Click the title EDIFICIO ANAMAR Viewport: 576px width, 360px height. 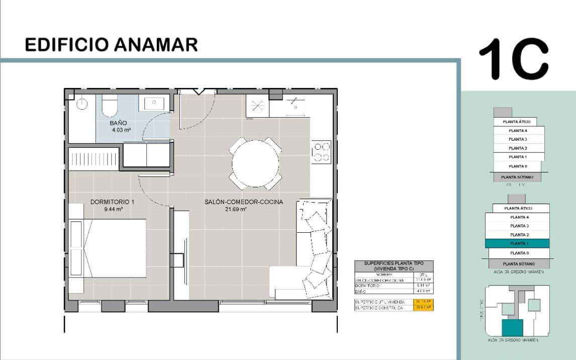click(x=111, y=45)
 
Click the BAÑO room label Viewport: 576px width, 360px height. click(x=119, y=123)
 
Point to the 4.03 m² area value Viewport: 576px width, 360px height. click(x=122, y=130)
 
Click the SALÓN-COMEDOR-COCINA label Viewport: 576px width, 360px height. click(x=243, y=202)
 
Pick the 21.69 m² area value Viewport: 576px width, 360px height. click(x=236, y=209)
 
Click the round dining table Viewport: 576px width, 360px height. click(x=255, y=163)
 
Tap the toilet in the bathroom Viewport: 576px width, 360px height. click(x=109, y=106)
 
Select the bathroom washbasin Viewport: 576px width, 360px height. click(x=152, y=104)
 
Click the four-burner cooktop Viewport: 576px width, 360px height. click(x=322, y=153)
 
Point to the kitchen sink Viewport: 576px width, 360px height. click(x=294, y=106)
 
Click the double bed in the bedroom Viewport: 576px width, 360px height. click(x=113, y=247)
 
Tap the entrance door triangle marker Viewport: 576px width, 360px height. click(x=199, y=92)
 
